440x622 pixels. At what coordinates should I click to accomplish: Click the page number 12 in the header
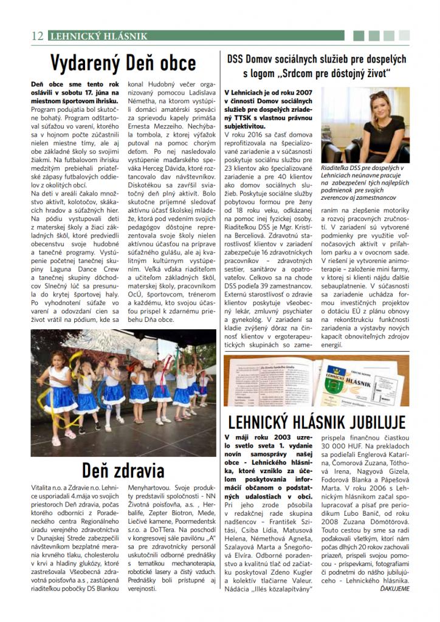[x=37, y=36]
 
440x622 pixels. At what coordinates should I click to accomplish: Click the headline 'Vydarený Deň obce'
[x=123, y=63]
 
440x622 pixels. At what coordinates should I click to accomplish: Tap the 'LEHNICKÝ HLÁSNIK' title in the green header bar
[x=98, y=36]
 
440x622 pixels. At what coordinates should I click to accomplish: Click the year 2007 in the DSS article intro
[x=305, y=91]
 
